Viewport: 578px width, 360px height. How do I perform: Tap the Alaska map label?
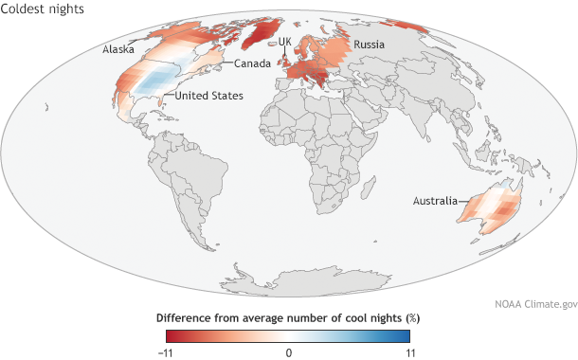[x=118, y=47]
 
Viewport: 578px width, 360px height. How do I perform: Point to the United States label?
[x=206, y=96]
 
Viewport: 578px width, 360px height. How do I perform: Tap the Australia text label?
[x=434, y=200]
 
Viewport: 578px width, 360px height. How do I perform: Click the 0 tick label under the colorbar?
[x=288, y=351]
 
